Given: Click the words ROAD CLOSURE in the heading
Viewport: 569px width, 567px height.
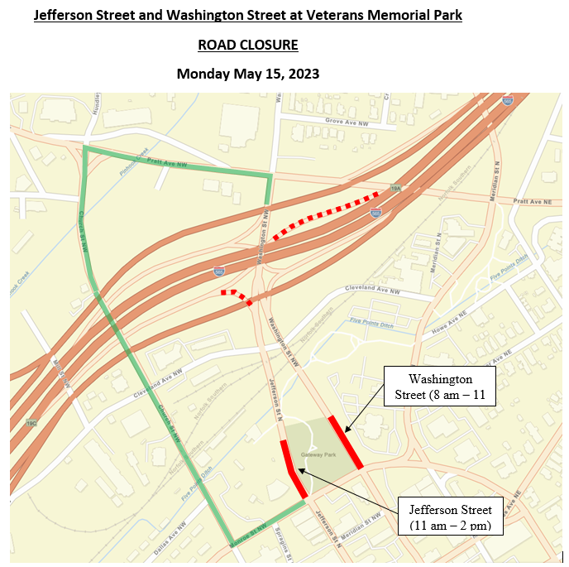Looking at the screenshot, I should tap(248, 45).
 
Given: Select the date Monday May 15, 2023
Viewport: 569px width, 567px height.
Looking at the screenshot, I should tap(248, 74).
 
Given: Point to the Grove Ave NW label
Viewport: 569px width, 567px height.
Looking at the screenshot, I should tap(346, 121).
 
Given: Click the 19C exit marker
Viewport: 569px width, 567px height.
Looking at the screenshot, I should tap(31, 422).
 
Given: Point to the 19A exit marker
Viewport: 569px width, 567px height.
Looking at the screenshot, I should tap(397, 189).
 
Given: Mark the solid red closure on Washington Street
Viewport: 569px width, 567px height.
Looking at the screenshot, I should tap(346, 443).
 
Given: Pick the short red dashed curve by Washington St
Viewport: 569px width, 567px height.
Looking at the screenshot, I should tap(237, 296).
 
